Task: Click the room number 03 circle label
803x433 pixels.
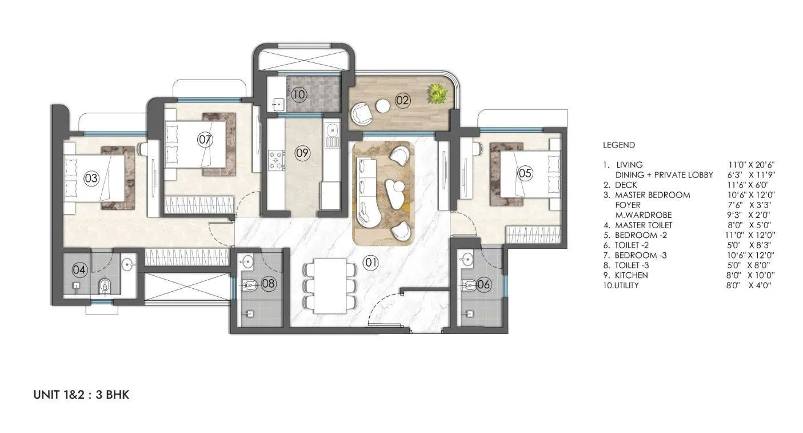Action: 91,178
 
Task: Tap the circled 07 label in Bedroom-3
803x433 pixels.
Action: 205,139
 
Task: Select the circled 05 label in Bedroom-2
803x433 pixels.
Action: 525,172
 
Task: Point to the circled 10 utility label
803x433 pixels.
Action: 299,94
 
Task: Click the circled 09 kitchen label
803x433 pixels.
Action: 303,153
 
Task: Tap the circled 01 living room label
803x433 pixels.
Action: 371,263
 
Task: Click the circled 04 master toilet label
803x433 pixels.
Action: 79,269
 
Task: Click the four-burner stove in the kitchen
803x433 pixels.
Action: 276,160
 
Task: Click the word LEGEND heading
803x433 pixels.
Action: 618,145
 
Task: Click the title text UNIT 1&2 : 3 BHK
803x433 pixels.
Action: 81,395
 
